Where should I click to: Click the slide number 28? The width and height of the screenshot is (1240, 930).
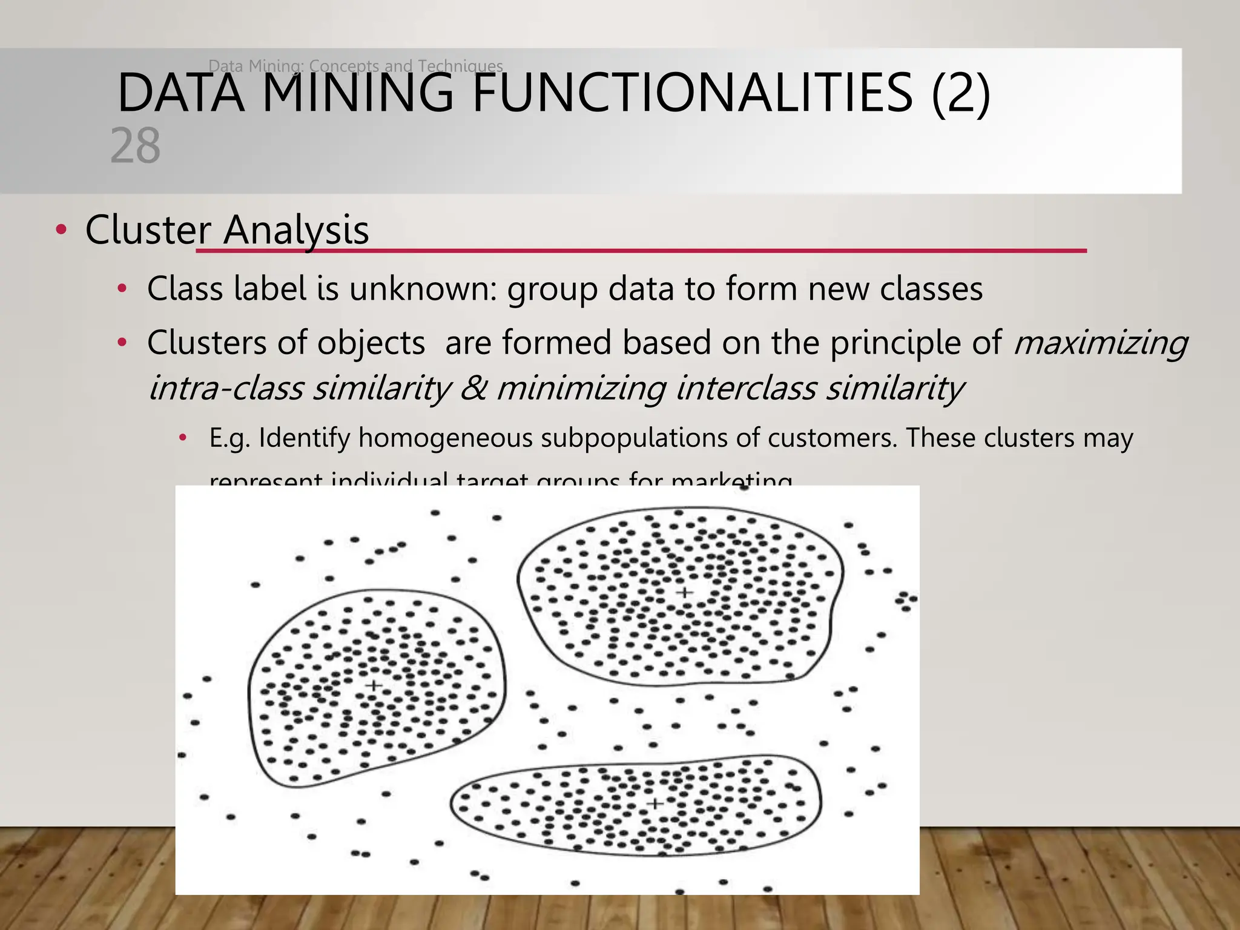point(136,146)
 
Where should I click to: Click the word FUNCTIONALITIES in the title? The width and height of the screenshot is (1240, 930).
point(692,93)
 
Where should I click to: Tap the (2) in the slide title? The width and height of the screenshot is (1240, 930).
point(960,93)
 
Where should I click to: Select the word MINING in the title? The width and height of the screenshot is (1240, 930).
point(358,93)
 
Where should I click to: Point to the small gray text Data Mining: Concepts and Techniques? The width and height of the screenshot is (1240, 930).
point(355,65)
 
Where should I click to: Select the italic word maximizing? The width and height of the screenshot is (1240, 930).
point(1100,343)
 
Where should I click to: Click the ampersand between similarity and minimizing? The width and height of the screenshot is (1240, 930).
point(473,388)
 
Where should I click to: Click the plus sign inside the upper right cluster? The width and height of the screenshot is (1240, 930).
point(684,592)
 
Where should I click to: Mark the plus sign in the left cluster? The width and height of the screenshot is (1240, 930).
point(374,685)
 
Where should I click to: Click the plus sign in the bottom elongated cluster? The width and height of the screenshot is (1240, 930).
point(655,803)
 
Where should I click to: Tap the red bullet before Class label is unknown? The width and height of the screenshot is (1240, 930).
point(122,289)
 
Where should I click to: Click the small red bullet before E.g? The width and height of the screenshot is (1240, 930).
point(183,438)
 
